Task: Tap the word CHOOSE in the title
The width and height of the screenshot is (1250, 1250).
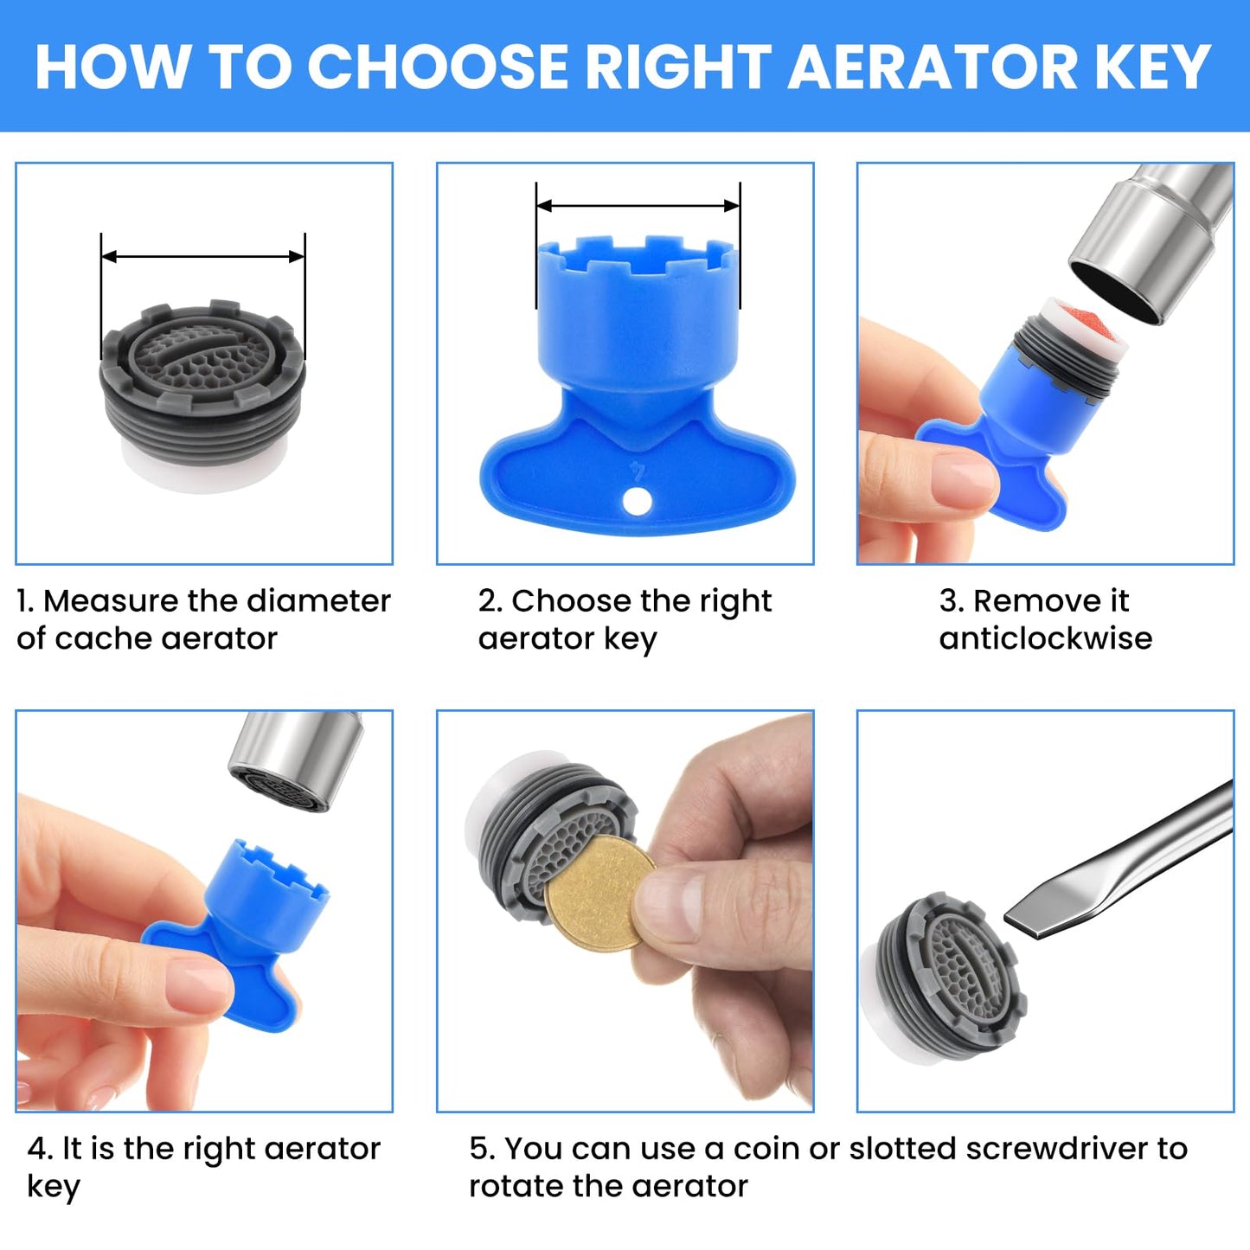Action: (438, 67)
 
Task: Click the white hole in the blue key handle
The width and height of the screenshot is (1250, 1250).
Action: (638, 502)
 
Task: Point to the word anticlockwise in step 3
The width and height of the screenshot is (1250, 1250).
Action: (1046, 638)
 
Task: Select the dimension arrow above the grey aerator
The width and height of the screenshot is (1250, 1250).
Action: (203, 257)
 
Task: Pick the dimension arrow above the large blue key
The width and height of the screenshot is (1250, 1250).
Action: (638, 206)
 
